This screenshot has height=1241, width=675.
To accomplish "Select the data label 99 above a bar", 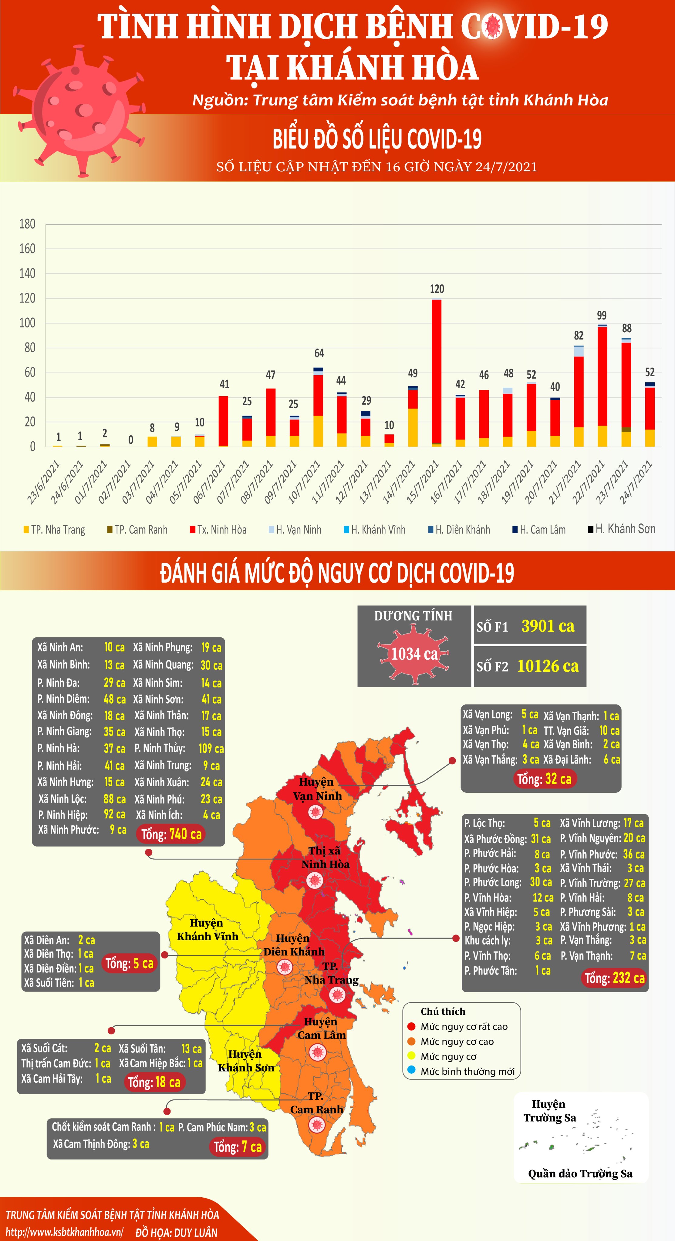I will (x=602, y=316).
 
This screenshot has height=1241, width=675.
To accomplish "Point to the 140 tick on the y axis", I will (x=28, y=273).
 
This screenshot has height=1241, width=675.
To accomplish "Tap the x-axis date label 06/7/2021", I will (x=210, y=482).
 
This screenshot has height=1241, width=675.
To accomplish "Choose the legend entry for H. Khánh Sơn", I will (x=622, y=529).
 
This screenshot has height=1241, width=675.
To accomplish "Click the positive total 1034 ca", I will (x=414, y=654).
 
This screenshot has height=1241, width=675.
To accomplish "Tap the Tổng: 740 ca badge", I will (x=171, y=834).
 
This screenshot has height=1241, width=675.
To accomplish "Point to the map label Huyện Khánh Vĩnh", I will (x=207, y=929).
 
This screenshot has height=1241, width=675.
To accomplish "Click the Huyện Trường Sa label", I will (x=550, y=1110).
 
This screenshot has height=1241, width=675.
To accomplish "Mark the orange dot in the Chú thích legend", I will (x=411, y=1041).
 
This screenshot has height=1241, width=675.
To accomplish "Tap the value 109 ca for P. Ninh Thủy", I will (x=211, y=748).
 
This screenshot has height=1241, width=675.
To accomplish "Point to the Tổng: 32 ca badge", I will (x=544, y=779).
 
